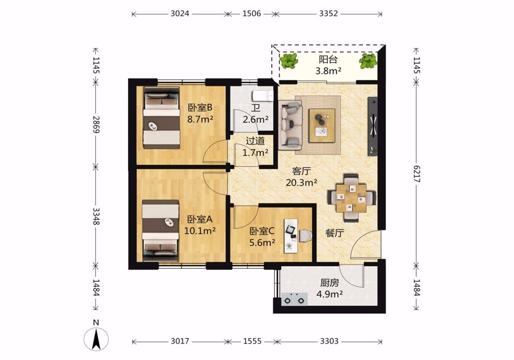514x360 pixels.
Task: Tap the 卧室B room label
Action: point(200,107)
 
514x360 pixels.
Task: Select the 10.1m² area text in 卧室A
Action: point(200,231)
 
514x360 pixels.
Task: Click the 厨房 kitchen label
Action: point(329,283)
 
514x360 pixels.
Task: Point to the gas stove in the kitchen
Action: point(295,299)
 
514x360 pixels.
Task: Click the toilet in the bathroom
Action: point(263,96)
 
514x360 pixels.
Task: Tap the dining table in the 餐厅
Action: point(351,197)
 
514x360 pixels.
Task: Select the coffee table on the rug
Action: point(322,125)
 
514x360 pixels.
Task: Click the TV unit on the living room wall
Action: point(373,126)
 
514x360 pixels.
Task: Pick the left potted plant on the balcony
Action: point(289,61)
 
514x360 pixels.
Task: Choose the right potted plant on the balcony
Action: point(368,61)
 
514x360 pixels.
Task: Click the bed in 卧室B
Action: point(161,118)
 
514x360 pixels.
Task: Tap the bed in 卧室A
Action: point(160,230)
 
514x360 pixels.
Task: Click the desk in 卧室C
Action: point(291,236)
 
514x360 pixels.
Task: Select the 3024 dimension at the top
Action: point(180,13)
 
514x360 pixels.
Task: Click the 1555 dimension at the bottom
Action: point(252,341)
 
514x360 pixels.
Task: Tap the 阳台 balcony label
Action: point(328,60)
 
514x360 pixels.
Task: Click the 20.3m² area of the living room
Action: point(301,183)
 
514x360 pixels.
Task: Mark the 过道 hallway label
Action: point(255,141)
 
